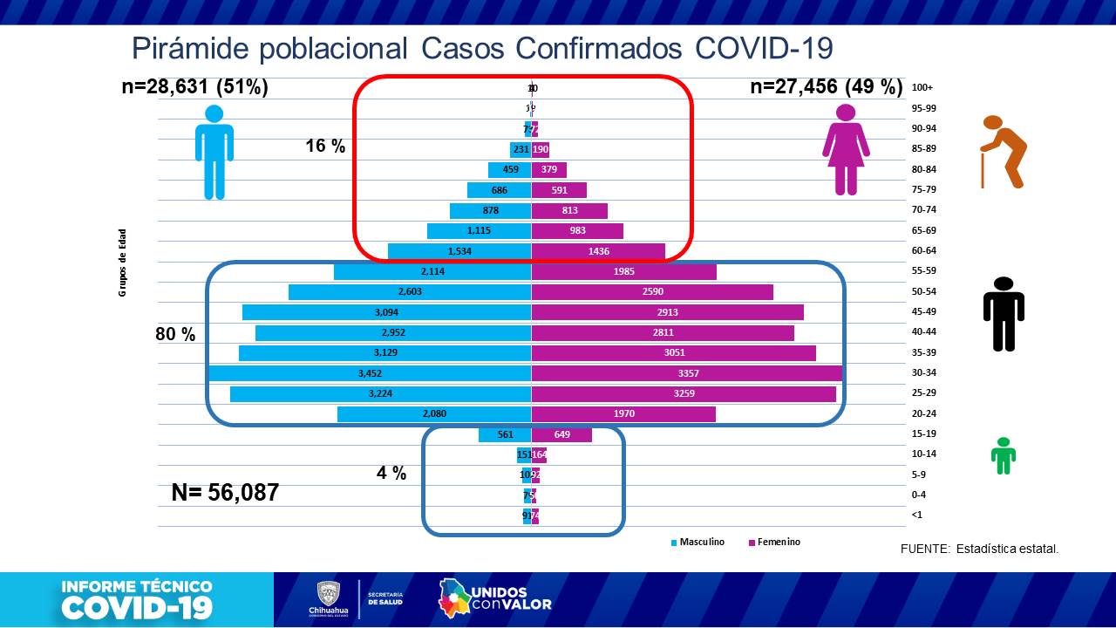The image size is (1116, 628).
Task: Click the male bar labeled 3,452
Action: point(370,373)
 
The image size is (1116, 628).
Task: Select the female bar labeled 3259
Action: point(684,393)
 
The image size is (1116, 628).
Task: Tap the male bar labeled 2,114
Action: point(432,272)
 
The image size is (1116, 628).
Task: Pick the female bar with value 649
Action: point(561,434)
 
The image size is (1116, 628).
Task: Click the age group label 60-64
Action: point(922,251)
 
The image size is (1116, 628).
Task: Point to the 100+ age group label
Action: point(922,88)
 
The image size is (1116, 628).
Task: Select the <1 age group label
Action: point(916,515)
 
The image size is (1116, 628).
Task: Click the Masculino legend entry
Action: point(697,543)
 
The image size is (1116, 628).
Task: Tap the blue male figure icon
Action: point(214,152)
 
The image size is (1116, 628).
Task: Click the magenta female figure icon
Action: point(846,149)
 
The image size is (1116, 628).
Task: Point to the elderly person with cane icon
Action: point(1003,152)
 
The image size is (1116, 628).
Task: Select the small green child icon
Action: point(1004,455)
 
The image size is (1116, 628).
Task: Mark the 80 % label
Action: point(175,334)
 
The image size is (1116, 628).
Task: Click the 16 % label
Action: point(325,147)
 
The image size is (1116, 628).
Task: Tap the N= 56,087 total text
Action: point(225,493)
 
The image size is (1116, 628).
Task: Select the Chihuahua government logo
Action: point(327,598)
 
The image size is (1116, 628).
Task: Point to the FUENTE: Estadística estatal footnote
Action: point(979,549)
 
